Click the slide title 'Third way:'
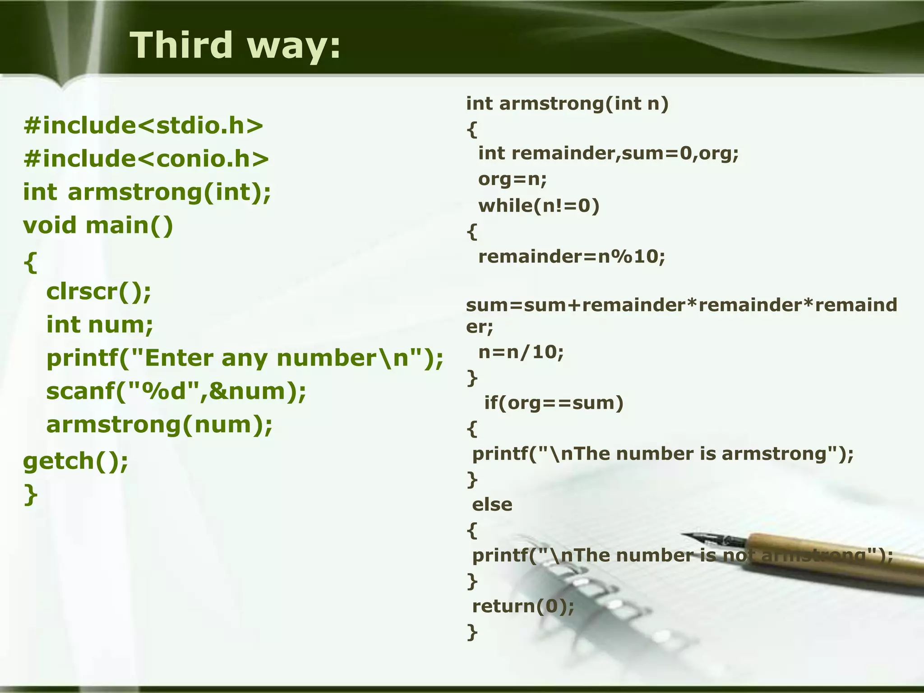pos(235,45)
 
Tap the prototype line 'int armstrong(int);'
pos(147,192)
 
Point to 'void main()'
pos(98,225)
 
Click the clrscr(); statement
pos(99,291)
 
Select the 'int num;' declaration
pos(100,325)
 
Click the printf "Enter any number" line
pos(245,358)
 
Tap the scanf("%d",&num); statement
pos(176,391)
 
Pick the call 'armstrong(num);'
pos(159,425)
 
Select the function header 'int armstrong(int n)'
pos(567,104)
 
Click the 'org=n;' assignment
pos(513,180)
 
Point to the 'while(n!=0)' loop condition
pos(539,206)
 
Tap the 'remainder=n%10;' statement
pos(572,257)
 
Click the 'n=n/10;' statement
pos(521,352)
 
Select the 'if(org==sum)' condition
pos(554,402)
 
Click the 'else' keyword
pos(492,504)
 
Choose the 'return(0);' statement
pos(523,606)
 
